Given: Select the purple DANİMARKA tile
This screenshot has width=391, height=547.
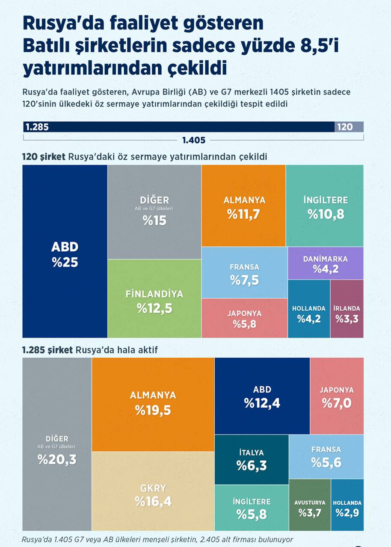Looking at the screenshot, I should (x=325, y=263).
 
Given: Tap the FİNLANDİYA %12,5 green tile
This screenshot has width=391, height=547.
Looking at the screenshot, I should (x=154, y=299).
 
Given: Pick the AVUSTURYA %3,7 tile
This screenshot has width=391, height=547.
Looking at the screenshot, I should (x=310, y=505).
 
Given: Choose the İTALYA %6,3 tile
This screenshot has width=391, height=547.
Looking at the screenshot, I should (x=252, y=460).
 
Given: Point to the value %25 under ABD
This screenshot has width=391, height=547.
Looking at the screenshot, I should (x=65, y=262).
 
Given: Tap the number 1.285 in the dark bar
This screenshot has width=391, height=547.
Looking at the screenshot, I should (x=37, y=127).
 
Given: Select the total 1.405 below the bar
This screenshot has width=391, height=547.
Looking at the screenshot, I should (x=194, y=140).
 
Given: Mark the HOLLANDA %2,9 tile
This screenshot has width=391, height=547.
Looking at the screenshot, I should (x=347, y=505).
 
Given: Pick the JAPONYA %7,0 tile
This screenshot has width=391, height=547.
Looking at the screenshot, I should (x=337, y=396).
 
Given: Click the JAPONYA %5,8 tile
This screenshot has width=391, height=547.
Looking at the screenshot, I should (x=244, y=318).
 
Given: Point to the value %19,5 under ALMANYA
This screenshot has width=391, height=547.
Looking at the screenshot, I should (x=153, y=410).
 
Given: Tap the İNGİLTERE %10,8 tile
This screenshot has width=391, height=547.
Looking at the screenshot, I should (x=325, y=206).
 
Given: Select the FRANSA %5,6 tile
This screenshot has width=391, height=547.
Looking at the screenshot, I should (x=326, y=456).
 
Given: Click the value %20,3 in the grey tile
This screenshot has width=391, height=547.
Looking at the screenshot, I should (x=57, y=459).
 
